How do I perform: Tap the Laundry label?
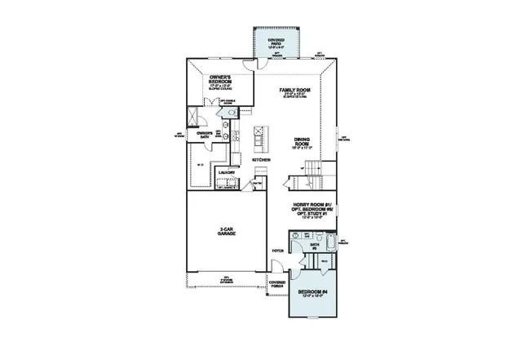227,173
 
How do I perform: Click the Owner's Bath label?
205,133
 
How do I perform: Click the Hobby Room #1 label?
309,211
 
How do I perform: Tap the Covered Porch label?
277,285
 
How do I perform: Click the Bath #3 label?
314,246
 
